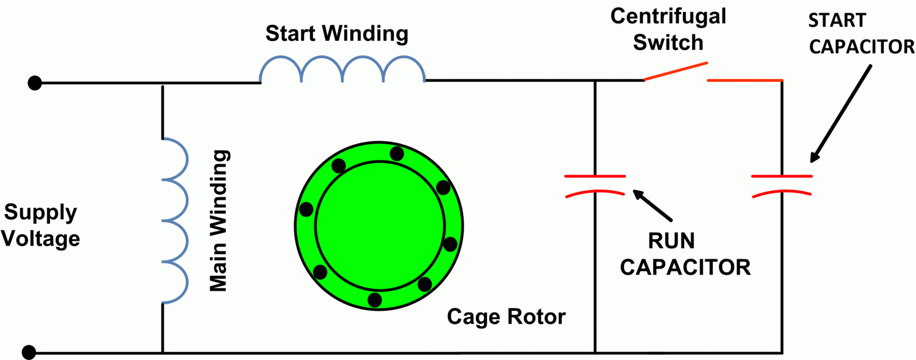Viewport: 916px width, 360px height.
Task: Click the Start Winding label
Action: [337, 33]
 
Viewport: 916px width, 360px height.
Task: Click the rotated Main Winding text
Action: [219, 220]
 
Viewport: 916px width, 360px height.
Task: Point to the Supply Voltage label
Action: [40, 225]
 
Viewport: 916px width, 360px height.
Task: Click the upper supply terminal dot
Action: [35, 83]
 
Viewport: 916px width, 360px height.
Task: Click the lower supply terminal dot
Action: [29, 352]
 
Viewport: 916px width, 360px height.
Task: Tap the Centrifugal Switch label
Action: [668, 29]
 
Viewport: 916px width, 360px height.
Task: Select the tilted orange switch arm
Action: [676, 71]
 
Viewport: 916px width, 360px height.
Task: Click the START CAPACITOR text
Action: [861, 34]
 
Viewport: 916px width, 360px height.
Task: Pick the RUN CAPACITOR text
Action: [685, 254]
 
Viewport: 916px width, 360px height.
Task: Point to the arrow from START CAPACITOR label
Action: [840, 114]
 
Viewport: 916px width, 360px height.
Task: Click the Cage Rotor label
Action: [506, 317]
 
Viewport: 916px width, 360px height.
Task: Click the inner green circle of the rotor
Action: [380, 226]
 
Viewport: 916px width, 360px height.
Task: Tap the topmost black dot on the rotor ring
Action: [397, 153]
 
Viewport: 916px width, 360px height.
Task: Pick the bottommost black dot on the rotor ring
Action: [374, 300]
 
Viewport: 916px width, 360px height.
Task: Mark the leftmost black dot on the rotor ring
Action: [306, 209]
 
